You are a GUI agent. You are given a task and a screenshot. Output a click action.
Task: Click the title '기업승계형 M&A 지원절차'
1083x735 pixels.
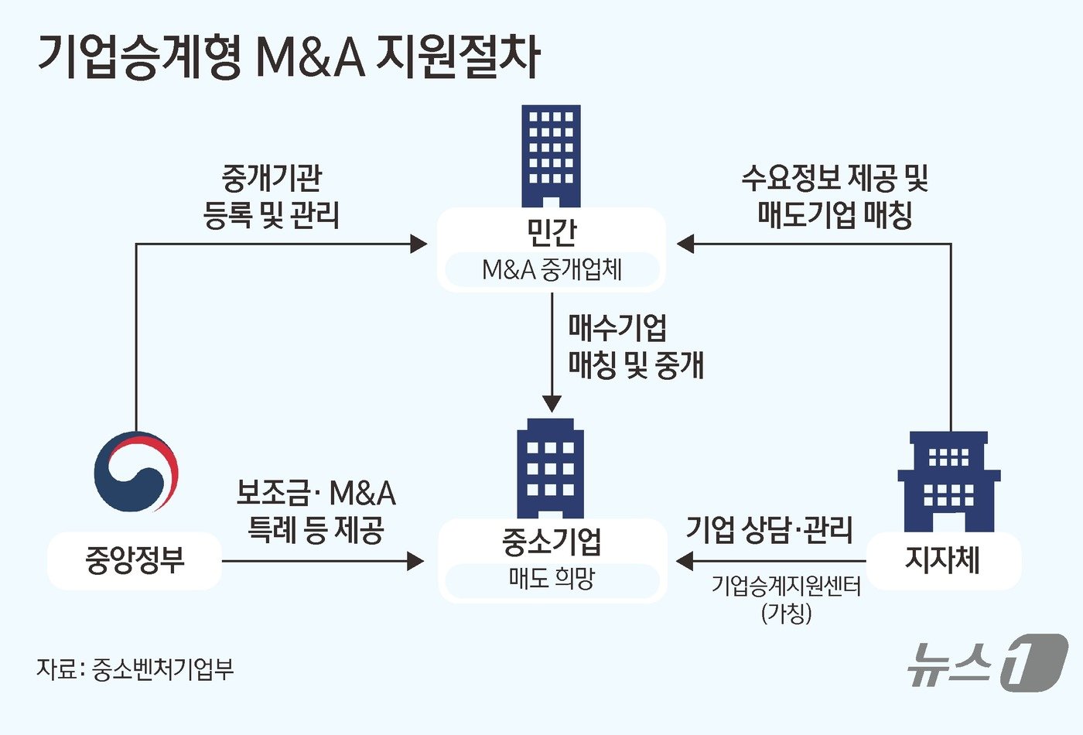point(288,56)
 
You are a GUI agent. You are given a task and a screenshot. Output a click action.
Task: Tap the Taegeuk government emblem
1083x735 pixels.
point(136,472)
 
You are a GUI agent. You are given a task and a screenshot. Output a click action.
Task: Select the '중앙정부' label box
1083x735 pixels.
point(135,560)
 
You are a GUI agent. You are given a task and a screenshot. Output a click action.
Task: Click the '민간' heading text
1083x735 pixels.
point(551,230)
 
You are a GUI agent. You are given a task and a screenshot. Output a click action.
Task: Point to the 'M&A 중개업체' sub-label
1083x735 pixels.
point(551,270)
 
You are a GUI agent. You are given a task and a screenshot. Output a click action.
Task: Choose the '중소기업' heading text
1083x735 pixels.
point(551,542)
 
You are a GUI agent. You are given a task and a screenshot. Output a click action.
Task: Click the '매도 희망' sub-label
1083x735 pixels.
point(551,579)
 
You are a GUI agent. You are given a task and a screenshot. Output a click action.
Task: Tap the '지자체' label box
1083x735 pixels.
point(942,560)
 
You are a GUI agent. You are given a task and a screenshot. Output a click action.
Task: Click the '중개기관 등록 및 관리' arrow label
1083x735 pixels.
point(271,197)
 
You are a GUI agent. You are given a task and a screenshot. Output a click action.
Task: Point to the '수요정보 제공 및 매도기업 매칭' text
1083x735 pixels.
point(834,197)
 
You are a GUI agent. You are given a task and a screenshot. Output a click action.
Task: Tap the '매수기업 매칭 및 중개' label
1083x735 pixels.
point(635,346)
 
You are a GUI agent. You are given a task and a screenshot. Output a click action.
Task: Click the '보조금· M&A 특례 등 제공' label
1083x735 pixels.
point(316,511)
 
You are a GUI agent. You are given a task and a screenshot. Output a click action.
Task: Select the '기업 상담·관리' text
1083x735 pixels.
point(769,530)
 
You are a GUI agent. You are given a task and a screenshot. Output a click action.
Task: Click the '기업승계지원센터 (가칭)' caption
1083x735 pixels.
point(786,599)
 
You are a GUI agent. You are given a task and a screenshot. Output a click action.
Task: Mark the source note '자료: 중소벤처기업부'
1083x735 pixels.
point(135,668)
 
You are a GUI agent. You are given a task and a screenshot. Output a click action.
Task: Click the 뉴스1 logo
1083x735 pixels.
point(987,662)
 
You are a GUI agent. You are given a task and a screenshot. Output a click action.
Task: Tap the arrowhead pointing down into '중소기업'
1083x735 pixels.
point(552,403)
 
